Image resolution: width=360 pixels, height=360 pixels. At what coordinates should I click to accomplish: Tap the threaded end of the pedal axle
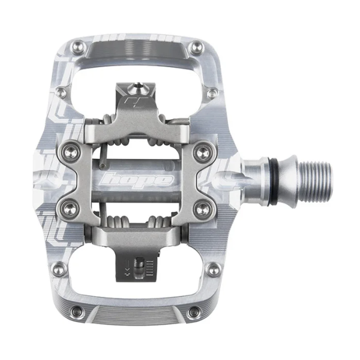316,181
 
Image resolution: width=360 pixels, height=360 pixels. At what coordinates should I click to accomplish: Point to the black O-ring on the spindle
275,181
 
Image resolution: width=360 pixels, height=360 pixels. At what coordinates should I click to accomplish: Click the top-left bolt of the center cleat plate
70,151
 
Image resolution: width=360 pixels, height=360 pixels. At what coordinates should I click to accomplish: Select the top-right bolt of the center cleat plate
203,151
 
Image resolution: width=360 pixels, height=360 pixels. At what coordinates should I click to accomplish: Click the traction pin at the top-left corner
79,47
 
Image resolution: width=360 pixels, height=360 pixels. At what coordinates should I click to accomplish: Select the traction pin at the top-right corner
197,47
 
